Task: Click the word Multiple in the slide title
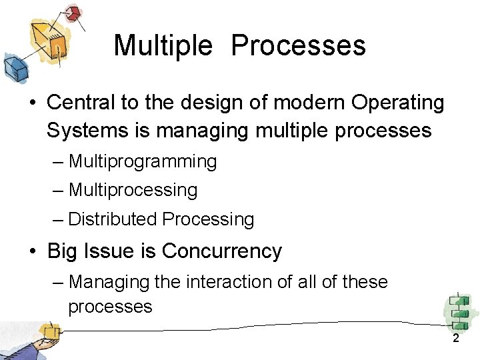click(x=163, y=46)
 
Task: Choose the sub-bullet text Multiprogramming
click(x=143, y=162)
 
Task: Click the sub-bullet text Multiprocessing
click(x=133, y=190)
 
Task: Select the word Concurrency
click(x=222, y=251)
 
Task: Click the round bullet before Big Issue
click(x=33, y=252)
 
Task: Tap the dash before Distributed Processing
click(x=58, y=219)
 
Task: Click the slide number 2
click(x=456, y=339)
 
